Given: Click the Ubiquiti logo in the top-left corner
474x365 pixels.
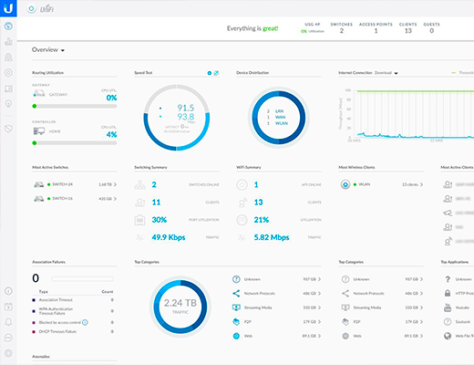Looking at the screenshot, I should tap(8, 8).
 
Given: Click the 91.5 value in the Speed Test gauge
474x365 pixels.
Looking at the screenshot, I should tap(185, 109).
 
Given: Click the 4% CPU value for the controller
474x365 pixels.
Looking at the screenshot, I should tap(110, 135).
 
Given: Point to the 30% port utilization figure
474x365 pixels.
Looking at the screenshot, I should tap(159, 220).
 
